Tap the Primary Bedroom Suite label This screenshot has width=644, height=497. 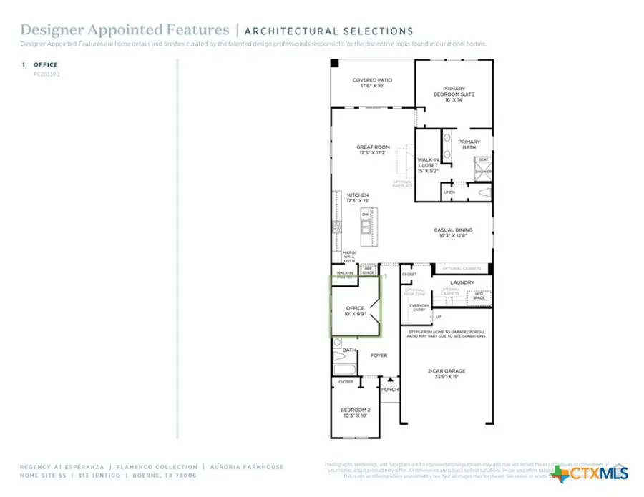point(454,94)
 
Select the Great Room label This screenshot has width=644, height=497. point(373,149)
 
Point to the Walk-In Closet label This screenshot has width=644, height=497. point(428,165)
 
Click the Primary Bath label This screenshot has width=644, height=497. point(469,144)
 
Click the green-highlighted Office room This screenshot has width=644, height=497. point(355,307)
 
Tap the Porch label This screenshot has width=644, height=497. point(389,390)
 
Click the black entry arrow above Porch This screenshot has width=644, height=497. point(390,379)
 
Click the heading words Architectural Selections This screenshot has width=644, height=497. point(328,31)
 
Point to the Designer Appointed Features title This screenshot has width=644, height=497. point(125,30)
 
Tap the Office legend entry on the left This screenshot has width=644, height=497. point(46,64)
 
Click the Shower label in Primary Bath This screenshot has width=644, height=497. point(484,172)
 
